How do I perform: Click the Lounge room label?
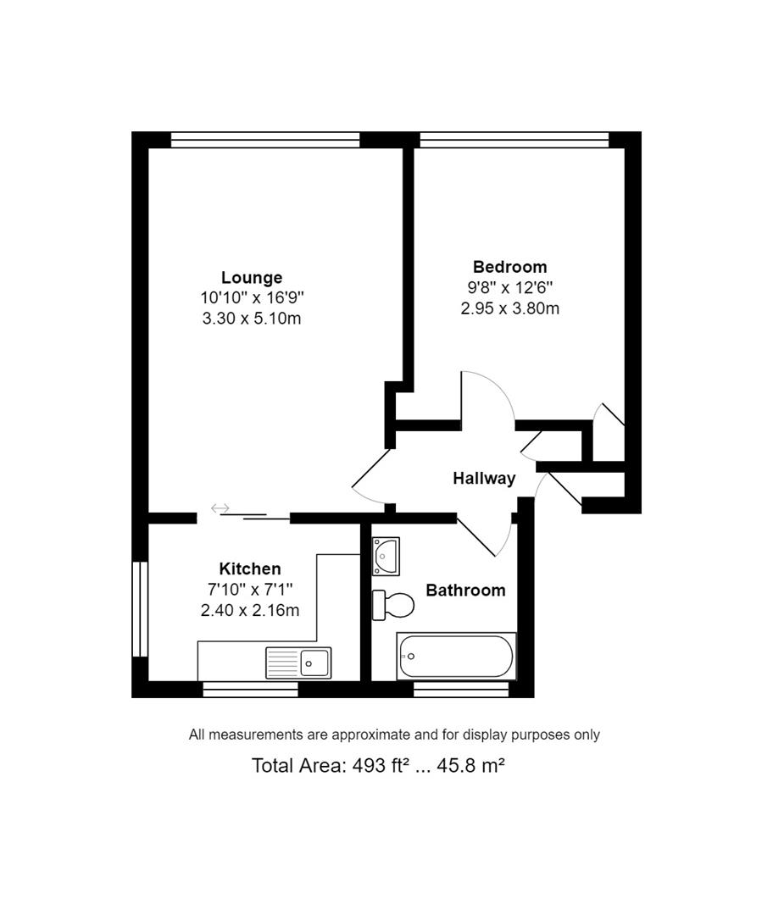tap(252, 277)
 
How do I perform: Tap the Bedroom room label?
tap(509, 267)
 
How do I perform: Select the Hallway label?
tap(484, 478)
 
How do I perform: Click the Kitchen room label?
tap(249, 568)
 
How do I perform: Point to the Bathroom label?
tap(465, 590)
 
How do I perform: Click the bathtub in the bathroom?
tap(456, 656)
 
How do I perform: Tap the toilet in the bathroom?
tap(394, 605)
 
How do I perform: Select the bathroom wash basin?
tap(386, 555)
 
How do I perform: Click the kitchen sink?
tap(298, 662)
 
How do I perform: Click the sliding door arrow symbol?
tap(220, 508)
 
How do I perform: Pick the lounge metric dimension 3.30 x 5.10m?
tap(252, 319)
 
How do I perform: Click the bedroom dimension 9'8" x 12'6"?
tap(509, 288)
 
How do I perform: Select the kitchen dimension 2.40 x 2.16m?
tap(249, 610)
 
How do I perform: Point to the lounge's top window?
tap(264, 140)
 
